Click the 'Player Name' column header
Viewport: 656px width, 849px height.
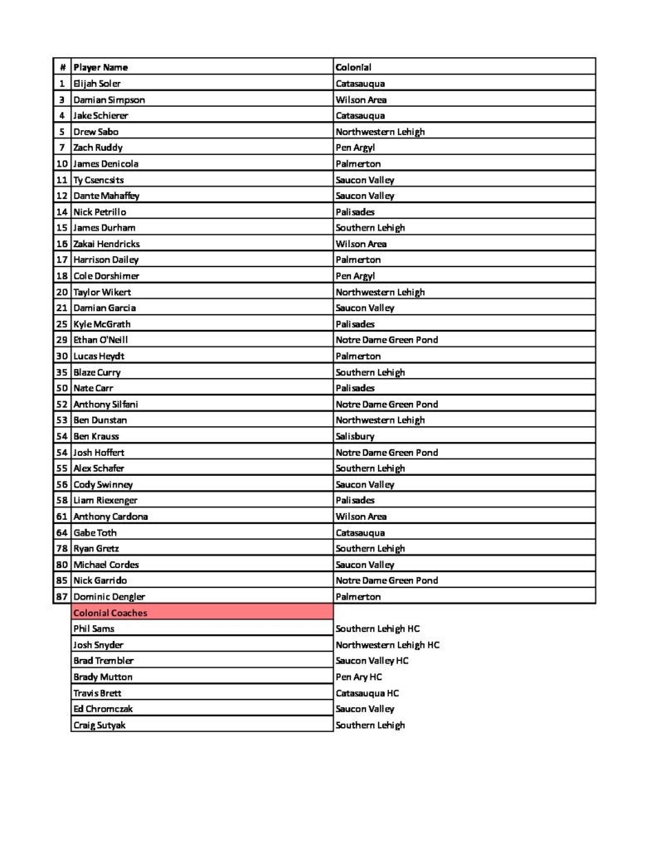(100, 67)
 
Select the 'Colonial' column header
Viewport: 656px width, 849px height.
(353, 67)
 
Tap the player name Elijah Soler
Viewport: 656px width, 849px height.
(97, 84)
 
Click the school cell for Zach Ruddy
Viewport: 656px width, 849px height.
(355, 148)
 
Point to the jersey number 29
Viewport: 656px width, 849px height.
(61, 340)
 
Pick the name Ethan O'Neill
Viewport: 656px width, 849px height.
(100, 340)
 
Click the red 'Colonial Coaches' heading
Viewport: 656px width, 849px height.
(110, 613)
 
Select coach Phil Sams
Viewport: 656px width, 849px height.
(95, 628)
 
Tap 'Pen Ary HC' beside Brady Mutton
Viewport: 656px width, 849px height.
(358, 677)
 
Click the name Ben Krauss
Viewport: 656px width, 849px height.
(96, 436)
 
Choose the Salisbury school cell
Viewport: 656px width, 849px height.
(355, 436)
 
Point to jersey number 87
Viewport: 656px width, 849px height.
(61, 596)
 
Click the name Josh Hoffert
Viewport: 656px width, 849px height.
(99, 452)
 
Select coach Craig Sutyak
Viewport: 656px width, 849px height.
(100, 725)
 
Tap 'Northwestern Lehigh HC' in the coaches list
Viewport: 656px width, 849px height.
(387, 644)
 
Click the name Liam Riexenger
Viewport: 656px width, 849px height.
(105, 500)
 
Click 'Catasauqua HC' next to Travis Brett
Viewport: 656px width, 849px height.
(367, 692)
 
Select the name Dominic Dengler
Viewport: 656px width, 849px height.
(109, 596)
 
